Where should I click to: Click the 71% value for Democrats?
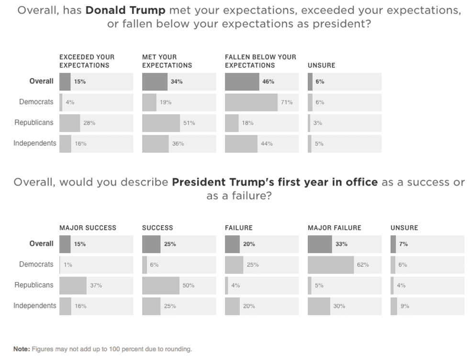pos(287,102)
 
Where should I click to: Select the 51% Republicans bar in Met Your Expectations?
pos(161,123)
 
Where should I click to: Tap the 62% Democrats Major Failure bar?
pos(331,265)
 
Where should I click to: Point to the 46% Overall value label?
pos(268,82)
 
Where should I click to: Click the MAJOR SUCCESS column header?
pos(88,228)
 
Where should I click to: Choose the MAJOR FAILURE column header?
pos(334,228)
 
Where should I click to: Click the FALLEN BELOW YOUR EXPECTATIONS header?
pos(260,61)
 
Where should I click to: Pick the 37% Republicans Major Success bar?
pos(73,285)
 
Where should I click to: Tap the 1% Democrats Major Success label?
pos(68,265)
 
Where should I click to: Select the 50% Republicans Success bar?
pos(160,285)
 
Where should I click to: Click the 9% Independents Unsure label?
pos(405,306)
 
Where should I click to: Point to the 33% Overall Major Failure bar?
pos(320,244)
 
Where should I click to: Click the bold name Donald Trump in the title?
pos(125,11)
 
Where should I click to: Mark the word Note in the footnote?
pos(21,349)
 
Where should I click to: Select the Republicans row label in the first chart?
pos(34,123)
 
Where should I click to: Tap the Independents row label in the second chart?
pos(34,306)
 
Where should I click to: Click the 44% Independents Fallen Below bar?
pos(241,143)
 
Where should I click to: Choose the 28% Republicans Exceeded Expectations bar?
pos(69,123)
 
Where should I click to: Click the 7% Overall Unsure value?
pos(403,244)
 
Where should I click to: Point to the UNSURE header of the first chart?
pos(321,65)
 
